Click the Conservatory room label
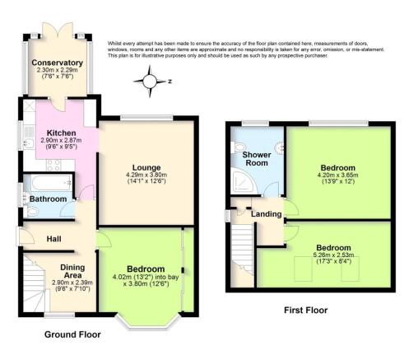tap(57, 63)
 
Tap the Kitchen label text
tap(62, 133)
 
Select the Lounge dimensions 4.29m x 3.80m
tap(146, 175)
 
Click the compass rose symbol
tap(150, 82)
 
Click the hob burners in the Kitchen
tap(53, 166)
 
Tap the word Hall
tap(53, 239)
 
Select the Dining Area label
tap(72, 271)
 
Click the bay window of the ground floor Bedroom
tap(148, 322)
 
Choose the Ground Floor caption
tap(72, 334)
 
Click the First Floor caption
tap(305, 311)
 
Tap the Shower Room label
tap(257, 159)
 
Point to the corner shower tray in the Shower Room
tap(244, 182)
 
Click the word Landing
tap(267, 214)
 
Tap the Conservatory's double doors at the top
tap(58, 30)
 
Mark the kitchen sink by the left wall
tap(28, 143)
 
